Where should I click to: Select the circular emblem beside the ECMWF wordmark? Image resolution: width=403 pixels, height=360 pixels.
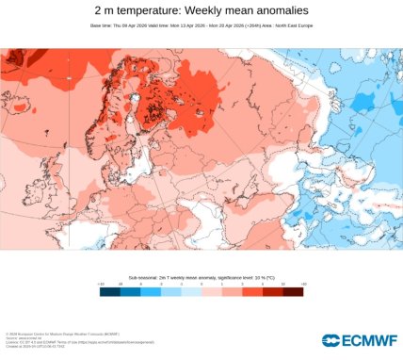(x=330, y=340)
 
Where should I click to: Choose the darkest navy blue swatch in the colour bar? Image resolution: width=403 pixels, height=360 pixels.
(x=109, y=291)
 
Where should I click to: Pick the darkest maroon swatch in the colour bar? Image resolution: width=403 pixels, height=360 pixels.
(x=294, y=291)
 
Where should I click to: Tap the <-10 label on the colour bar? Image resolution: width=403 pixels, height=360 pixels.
(x=101, y=284)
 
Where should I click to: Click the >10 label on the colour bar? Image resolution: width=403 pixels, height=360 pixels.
(x=303, y=284)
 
